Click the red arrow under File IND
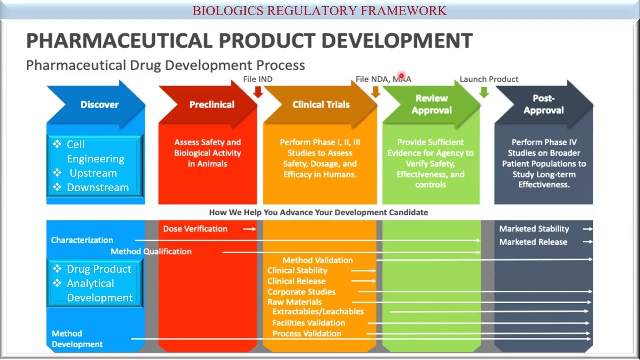(x=258, y=92)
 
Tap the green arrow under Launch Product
(x=484, y=92)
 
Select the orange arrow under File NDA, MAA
(x=375, y=92)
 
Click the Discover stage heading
(x=99, y=104)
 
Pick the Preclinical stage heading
(x=212, y=104)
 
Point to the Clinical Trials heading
(x=321, y=104)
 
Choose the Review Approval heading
(x=431, y=104)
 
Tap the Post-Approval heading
(x=543, y=104)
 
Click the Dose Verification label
(x=195, y=229)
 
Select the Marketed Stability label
(x=534, y=229)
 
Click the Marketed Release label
(x=533, y=242)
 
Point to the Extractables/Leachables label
(x=318, y=311)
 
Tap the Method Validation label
(x=317, y=260)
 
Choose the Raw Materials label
(x=294, y=302)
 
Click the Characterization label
(x=82, y=240)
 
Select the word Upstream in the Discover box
(x=93, y=173)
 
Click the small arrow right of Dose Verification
(x=249, y=229)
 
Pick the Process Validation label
(x=306, y=333)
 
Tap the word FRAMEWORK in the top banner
(x=403, y=10)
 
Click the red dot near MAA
(x=401, y=76)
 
